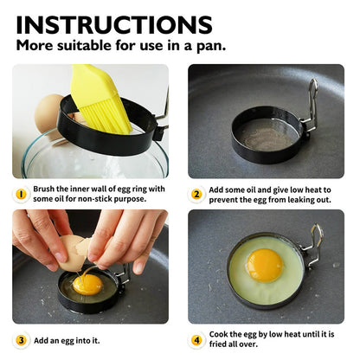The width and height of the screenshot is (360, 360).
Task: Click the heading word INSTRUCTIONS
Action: (x=113, y=23)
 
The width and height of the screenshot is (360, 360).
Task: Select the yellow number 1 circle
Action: (x=21, y=193)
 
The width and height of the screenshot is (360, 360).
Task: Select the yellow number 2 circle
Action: (x=197, y=195)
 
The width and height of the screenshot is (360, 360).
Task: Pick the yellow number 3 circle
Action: (x=21, y=340)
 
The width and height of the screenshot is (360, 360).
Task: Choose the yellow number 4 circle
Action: (x=197, y=340)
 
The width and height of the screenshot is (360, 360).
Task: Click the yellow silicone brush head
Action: (x=101, y=94)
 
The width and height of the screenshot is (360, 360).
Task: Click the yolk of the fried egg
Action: (x=264, y=265)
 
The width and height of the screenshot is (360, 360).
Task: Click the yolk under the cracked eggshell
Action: (x=87, y=283)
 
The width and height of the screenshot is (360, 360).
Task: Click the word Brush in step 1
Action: (x=44, y=188)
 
